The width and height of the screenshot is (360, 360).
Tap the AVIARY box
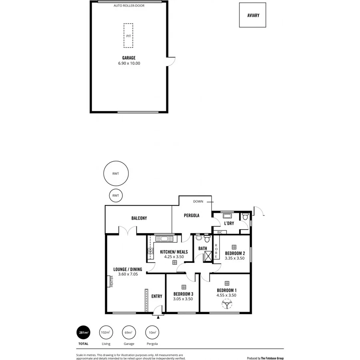[x=253, y=15]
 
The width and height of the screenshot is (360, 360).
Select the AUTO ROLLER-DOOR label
[x=129, y=6]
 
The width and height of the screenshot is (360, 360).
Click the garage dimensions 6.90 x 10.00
[x=129, y=63]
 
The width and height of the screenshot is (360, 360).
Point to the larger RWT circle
[x=116, y=173]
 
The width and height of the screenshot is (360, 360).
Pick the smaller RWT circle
[x=116, y=196]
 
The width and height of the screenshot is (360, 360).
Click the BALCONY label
[x=139, y=218]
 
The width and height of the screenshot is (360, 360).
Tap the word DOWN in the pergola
[x=198, y=202]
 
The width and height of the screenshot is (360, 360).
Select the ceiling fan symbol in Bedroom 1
[x=227, y=305]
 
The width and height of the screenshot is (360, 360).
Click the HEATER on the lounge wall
[x=111, y=281]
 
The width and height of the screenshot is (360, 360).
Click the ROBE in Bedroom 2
[x=216, y=251]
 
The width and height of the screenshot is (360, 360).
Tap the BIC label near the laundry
[x=219, y=232]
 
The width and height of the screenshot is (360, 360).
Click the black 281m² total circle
[x=83, y=332]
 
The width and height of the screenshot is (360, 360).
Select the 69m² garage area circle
[x=129, y=332]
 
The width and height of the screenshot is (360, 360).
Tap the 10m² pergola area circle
[x=152, y=332]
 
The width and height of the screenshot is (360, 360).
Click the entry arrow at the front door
[x=158, y=317]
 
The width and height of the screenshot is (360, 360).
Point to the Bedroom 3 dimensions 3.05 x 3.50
[x=183, y=299]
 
